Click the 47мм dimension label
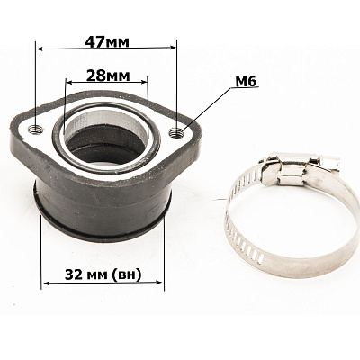[107, 42]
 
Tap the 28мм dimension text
[108, 76]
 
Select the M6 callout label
[247, 81]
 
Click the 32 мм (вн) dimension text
[103, 274]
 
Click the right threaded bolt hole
[176, 132]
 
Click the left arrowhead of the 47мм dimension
[40, 49]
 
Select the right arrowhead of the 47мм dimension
[173, 47]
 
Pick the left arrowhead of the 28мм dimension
[68, 82]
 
